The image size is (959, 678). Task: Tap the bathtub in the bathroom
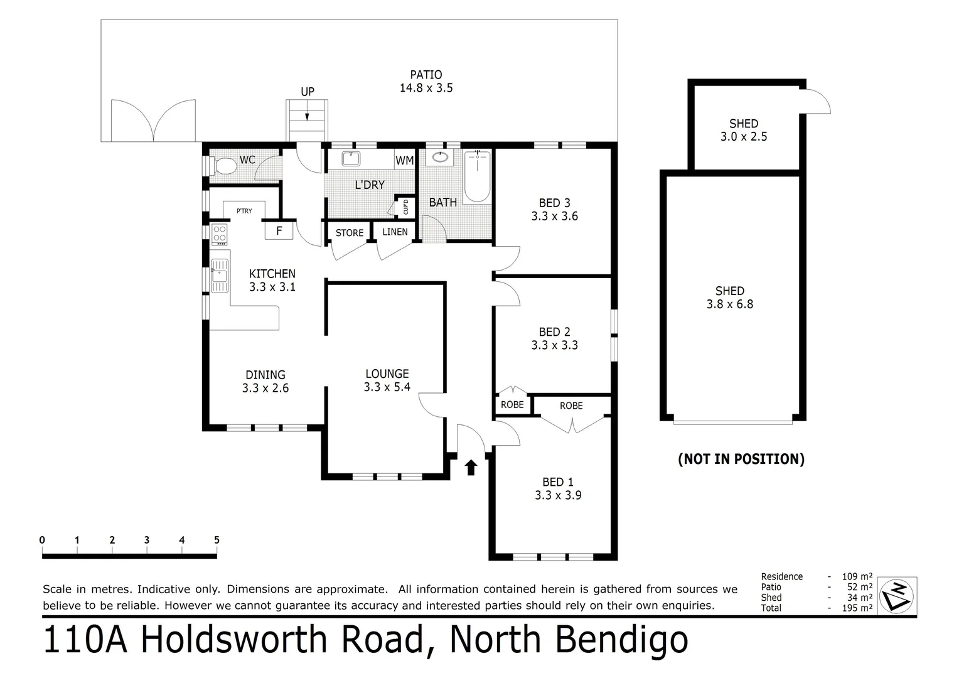477,177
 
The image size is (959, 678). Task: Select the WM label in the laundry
405,161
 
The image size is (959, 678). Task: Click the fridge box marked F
279,231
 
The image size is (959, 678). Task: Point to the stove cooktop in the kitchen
219,235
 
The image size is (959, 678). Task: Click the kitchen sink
219,276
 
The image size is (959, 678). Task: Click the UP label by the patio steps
308,92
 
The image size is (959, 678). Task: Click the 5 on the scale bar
217,540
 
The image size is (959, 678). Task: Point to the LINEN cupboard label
395,232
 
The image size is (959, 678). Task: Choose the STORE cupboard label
350,233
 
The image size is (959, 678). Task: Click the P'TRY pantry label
244,211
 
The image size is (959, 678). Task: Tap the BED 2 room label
554,331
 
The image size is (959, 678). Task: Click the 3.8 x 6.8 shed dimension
730,304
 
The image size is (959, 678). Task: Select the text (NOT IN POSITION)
741,459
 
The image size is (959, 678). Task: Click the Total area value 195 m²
857,608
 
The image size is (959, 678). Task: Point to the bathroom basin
441,157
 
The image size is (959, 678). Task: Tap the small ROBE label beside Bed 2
512,405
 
